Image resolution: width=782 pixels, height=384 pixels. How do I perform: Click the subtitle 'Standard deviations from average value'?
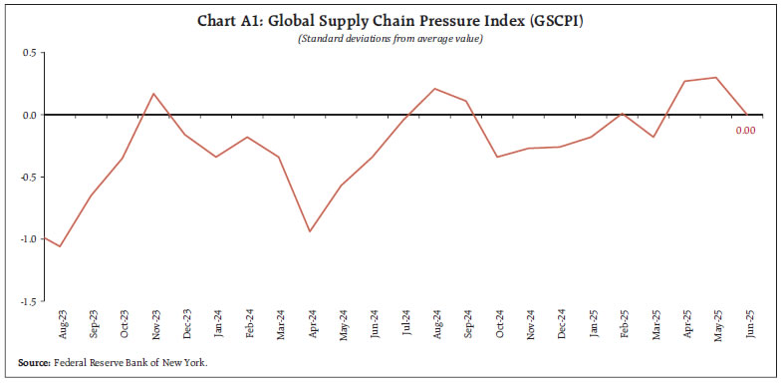(391, 38)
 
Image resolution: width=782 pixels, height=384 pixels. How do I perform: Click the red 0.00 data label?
(746, 130)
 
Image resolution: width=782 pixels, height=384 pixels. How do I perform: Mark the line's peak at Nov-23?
(154, 94)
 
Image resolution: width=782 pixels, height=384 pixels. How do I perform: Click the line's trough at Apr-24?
(310, 231)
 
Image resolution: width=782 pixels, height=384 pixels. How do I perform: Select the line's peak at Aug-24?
(434, 89)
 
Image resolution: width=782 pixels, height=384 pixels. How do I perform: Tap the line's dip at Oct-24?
(497, 157)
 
